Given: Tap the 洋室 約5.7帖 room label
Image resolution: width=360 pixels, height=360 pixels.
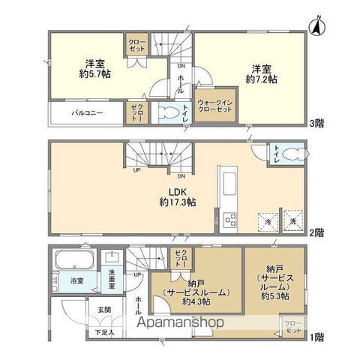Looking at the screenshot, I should click(95, 68).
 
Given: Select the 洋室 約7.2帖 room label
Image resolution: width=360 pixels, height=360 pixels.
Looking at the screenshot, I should click(262, 71).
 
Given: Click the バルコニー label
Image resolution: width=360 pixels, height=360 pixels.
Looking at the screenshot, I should click(87, 114).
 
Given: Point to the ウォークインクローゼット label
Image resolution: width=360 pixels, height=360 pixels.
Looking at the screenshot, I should click(215, 105).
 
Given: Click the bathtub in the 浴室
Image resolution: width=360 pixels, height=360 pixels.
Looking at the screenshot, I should click(73, 265).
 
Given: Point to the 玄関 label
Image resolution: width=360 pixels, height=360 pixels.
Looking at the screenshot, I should click(103, 310).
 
